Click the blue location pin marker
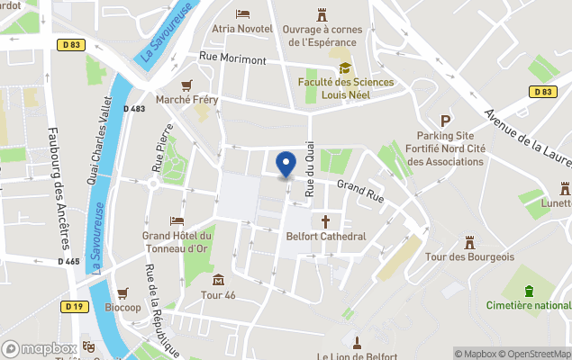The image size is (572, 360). [x=286, y=165]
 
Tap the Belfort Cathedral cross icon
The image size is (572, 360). [x=325, y=220]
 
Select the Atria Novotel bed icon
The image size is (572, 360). [x=242, y=13]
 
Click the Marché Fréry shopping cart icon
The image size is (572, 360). [x=186, y=85]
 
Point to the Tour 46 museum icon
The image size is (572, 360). [x=218, y=280]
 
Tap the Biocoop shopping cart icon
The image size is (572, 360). [x=123, y=292]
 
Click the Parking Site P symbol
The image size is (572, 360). [x=444, y=121]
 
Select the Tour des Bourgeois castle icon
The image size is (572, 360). [x=469, y=242]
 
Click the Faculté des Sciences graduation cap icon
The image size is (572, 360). [x=344, y=68]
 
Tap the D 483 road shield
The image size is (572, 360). [x=133, y=109]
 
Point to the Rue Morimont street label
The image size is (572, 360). [x=232, y=59]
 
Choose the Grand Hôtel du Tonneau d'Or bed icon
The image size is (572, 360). [x=177, y=221]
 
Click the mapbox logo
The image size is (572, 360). [x=40, y=348]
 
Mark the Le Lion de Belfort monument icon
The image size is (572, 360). [x=357, y=342]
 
